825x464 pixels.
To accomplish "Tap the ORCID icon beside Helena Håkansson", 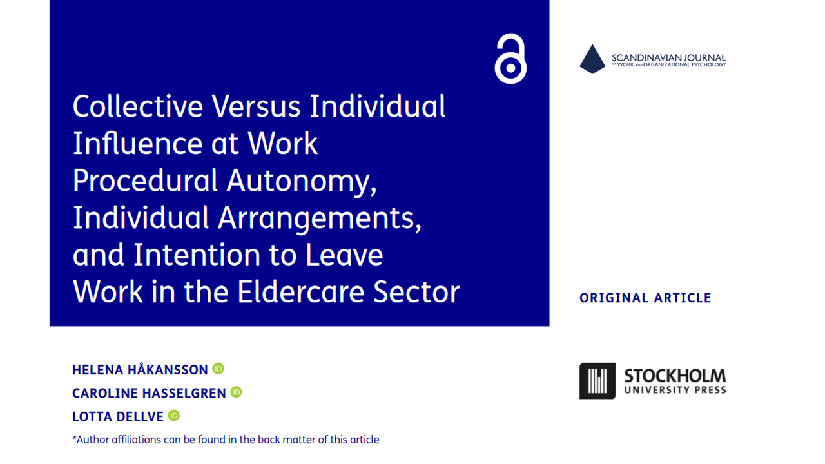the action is (x=218, y=369).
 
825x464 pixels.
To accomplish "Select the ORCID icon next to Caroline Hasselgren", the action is (x=236, y=392).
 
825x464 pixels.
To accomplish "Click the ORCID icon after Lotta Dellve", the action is (x=174, y=416).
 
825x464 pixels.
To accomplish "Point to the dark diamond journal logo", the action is (x=592, y=59).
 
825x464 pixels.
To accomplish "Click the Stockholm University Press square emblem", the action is (x=597, y=381).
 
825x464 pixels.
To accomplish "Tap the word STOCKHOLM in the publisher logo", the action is (x=675, y=376).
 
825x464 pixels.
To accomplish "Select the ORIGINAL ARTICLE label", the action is (x=645, y=298).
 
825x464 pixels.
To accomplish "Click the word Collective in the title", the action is (x=138, y=106).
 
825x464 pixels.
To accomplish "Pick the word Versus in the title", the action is (x=256, y=106).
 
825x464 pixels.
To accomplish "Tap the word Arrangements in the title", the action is (x=319, y=218).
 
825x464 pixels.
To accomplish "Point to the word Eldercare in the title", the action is (x=300, y=292).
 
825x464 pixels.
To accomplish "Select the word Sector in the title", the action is (x=416, y=292).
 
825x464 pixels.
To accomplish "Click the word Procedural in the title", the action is (x=145, y=180).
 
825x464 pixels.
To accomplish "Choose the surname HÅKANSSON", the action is (x=168, y=369).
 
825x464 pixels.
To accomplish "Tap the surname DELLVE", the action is (x=140, y=417).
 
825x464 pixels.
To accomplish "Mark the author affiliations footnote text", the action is (x=226, y=440).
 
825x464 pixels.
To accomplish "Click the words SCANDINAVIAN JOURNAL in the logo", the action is (x=669, y=58).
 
